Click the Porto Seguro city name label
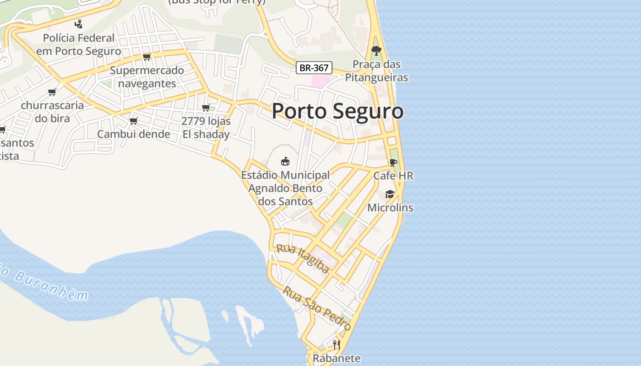coord(337,111)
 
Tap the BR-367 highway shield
coord(314,68)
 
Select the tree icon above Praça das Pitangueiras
coord(376,50)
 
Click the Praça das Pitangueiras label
coord(376,71)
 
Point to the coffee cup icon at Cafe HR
coord(393,162)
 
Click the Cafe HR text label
coord(393,176)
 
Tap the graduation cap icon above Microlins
coord(390,194)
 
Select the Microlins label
coord(390,208)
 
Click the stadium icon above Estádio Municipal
coord(285,161)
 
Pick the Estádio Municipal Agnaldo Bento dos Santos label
coord(285,188)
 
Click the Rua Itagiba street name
coord(303,259)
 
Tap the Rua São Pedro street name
coord(317,308)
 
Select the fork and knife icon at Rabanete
coord(337,344)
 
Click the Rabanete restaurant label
coord(337,358)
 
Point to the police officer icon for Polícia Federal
coord(79,24)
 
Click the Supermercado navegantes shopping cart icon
coord(147,57)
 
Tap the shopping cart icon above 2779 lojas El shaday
coord(206,108)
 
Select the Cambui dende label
coord(133,134)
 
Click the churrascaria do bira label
coord(52,112)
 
